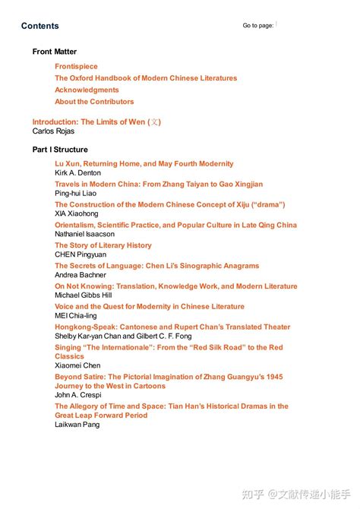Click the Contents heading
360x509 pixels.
(39, 26)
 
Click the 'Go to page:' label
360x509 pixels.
(258, 25)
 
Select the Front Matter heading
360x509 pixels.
(54, 52)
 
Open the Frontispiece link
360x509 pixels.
(76, 67)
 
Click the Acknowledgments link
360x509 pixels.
(87, 90)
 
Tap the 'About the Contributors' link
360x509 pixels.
(94, 102)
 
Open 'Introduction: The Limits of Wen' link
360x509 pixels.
(96, 122)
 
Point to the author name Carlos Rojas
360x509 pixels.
(53, 131)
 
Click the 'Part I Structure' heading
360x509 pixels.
(60, 150)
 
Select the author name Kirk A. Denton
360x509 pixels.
(77, 173)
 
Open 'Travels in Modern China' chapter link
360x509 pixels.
(159, 184)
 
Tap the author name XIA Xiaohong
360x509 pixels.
(76, 214)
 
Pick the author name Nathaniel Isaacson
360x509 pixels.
(84, 235)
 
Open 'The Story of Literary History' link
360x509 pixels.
(103, 245)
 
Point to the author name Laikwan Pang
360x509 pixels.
(77, 425)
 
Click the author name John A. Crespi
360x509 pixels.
(77, 395)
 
